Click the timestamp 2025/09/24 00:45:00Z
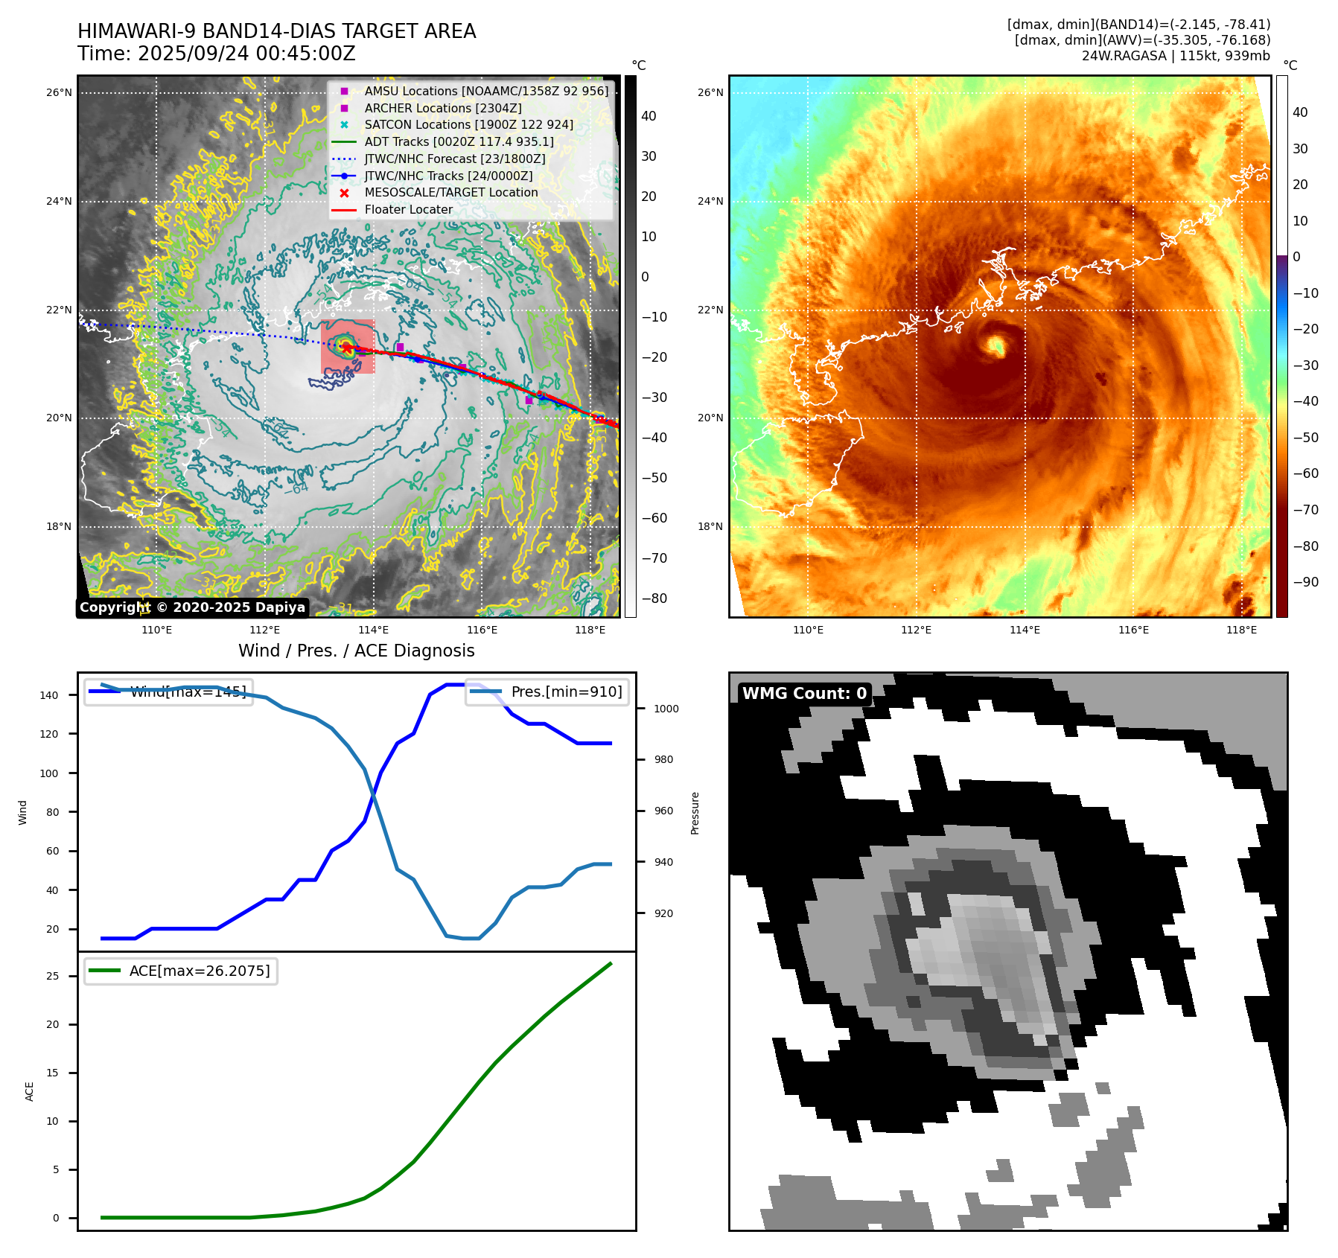point(216,54)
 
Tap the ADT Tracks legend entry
point(459,141)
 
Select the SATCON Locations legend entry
point(468,124)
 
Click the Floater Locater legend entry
point(408,210)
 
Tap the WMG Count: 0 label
point(804,694)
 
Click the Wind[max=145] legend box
point(169,692)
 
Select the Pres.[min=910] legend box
point(547,692)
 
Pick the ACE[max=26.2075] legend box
point(181,971)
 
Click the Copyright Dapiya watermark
point(192,607)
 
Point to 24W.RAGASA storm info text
point(1176,56)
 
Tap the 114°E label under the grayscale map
point(373,630)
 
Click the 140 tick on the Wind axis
point(49,695)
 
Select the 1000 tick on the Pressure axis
point(666,709)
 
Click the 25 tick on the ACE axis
point(53,976)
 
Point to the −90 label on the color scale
point(1305,582)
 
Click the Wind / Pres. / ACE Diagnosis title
point(356,651)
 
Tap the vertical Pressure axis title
point(695,813)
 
